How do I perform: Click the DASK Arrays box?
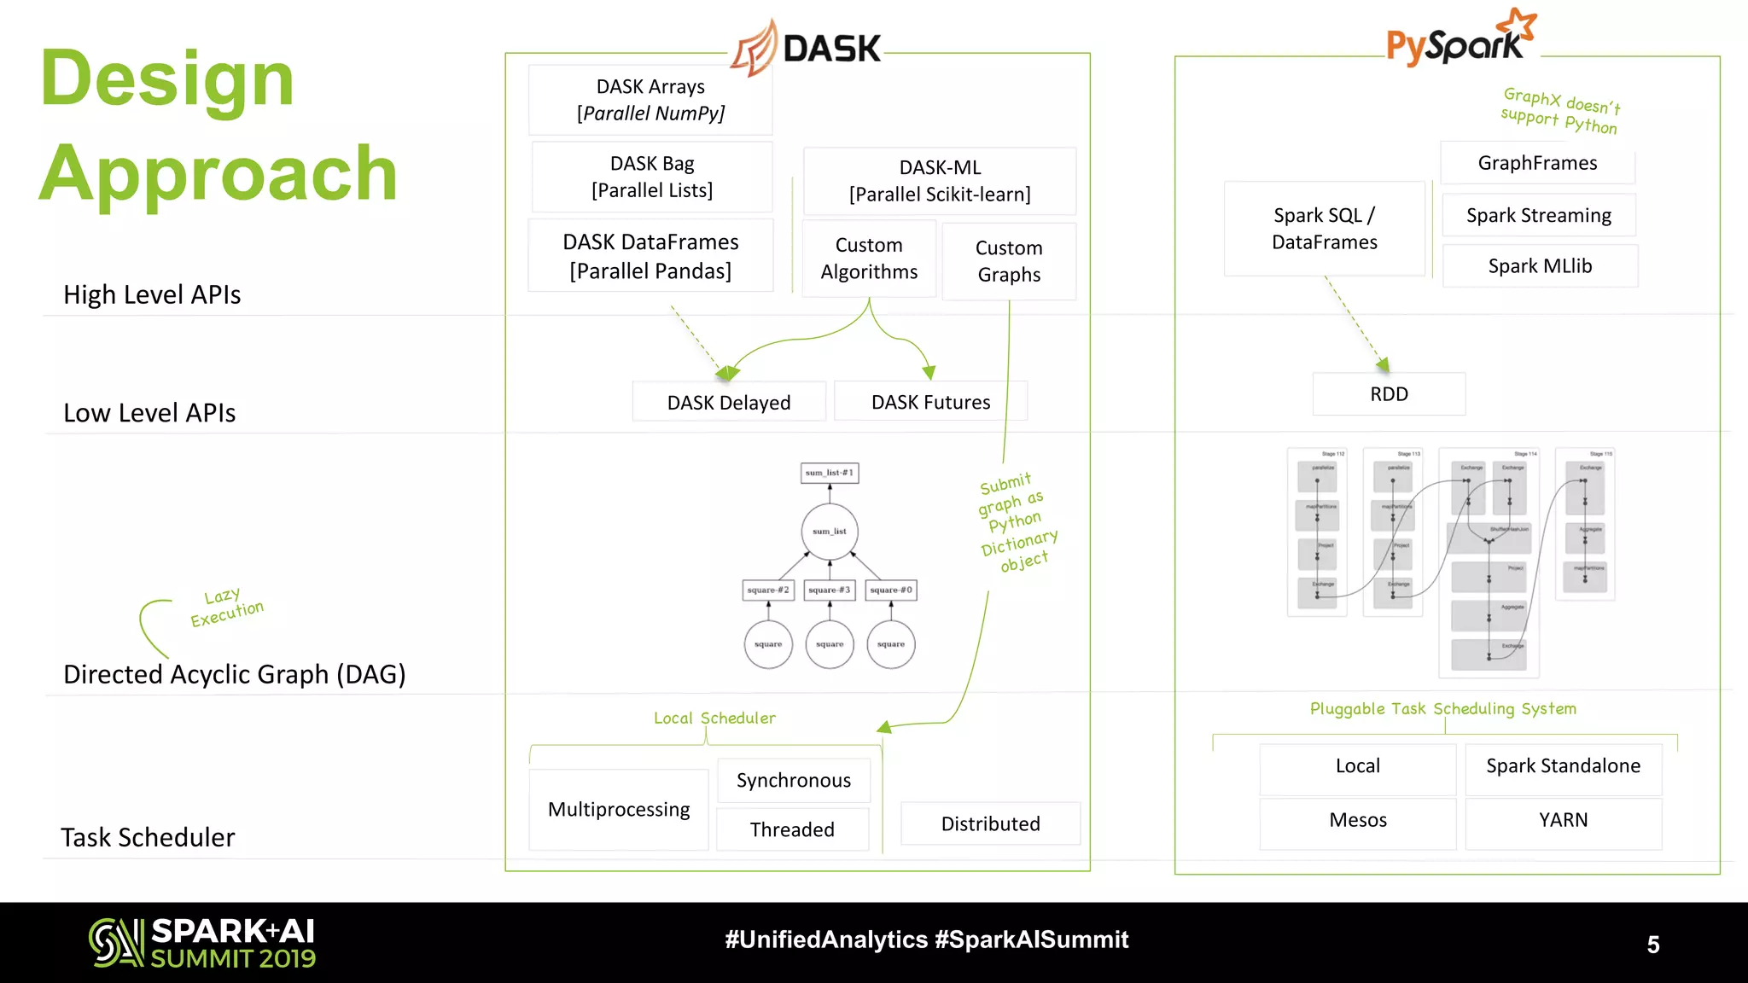click(650, 100)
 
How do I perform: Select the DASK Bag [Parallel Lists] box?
click(652, 177)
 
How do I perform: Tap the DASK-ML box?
click(940, 181)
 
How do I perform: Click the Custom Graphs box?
click(1009, 261)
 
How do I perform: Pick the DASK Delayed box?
click(729, 402)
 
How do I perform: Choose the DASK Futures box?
click(930, 402)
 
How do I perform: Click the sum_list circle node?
click(830, 532)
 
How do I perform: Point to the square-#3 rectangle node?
click(830, 590)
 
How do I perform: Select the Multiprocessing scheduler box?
click(619, 809)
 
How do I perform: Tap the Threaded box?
click(792, 829)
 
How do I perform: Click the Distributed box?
click(990, 823)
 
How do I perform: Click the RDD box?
click(1389, 394)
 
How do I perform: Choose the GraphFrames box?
click(1537, 163)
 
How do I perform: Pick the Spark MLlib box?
click(1540, 266)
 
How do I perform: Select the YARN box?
click(1563, 820)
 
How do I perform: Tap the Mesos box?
click(1357, 820)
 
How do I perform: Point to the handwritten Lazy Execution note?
click(226, 608)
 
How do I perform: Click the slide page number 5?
click(1652, 945)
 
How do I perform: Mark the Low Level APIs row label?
click(149, 413)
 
